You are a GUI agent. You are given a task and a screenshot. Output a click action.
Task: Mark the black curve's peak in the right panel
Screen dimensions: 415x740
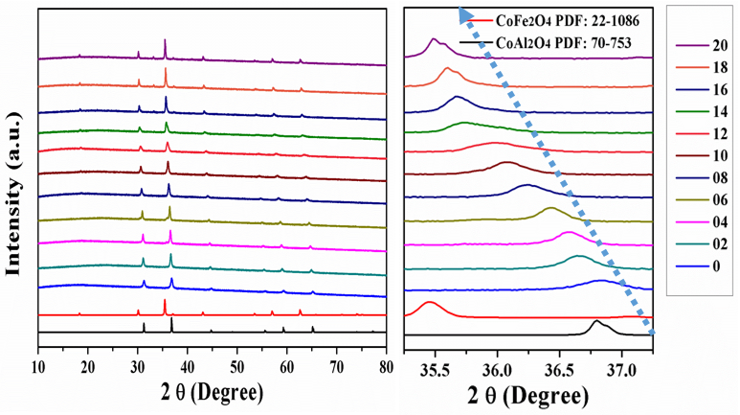click(x=595, y=321)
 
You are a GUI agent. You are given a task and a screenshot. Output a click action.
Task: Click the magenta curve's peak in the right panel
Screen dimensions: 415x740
click(x=568, y=232)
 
